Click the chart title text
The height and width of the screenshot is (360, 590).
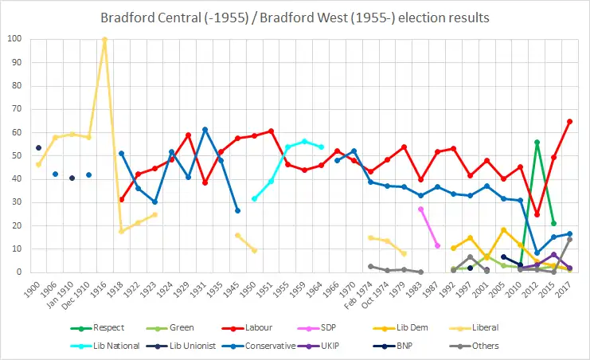tap(295, 18)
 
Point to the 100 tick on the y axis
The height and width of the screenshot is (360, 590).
tap(14, 39)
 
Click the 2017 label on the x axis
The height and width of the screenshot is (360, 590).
tap(569, 285)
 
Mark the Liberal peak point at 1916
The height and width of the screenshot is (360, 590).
tap(104, 39)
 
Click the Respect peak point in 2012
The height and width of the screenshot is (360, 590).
tap(537, 142)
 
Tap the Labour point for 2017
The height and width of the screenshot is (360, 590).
tap(570, 121)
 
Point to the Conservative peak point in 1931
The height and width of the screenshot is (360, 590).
tap(205, 129)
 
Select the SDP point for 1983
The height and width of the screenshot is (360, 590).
tap(420, 209)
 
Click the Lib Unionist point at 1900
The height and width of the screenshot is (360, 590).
tap(38, 147)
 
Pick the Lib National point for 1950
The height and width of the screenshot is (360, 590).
tap(254, 198)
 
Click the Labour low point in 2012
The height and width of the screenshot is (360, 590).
tap(537, 214)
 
